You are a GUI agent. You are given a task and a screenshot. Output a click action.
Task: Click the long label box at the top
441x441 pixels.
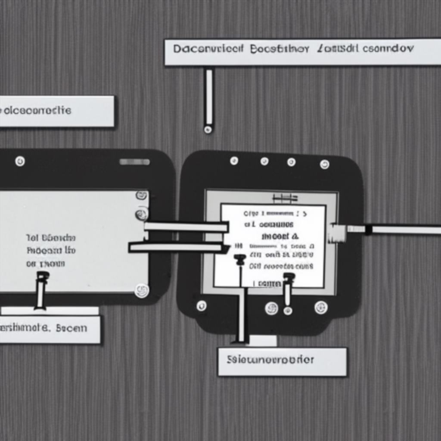[301, 52]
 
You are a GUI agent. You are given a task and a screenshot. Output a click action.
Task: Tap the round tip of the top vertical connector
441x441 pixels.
[208, 129]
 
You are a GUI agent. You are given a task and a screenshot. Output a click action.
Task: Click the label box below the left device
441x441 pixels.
[50, 329]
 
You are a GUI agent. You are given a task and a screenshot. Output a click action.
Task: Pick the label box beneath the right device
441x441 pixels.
[282, 361]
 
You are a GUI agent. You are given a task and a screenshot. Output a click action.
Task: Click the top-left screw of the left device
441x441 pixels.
[20, 161]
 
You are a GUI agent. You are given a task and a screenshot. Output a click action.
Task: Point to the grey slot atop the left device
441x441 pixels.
[134, 162]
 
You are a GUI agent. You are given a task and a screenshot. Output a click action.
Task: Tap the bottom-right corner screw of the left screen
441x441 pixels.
[141, 290]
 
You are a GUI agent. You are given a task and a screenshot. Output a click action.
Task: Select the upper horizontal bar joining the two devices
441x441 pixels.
[186, 227]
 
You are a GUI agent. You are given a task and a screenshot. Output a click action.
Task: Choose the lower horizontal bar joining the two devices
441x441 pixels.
[177, 247]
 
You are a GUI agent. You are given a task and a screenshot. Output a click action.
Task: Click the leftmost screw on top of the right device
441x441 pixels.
[234, 161]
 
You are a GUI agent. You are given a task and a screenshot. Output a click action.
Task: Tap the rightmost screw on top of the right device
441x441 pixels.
[324, 164]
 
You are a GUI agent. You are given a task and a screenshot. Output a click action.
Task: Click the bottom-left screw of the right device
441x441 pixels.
[201, 306]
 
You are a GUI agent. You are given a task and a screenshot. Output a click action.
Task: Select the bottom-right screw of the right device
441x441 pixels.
[321, 307]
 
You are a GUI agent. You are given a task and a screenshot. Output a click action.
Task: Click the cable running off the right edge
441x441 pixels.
[405, 230]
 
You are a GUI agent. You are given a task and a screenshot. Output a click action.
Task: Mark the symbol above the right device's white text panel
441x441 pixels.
[285, 198]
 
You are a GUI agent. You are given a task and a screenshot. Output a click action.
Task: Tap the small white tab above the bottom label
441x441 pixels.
[262, 341]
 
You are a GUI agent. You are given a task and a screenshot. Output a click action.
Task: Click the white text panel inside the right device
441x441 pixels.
[273, 245]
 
